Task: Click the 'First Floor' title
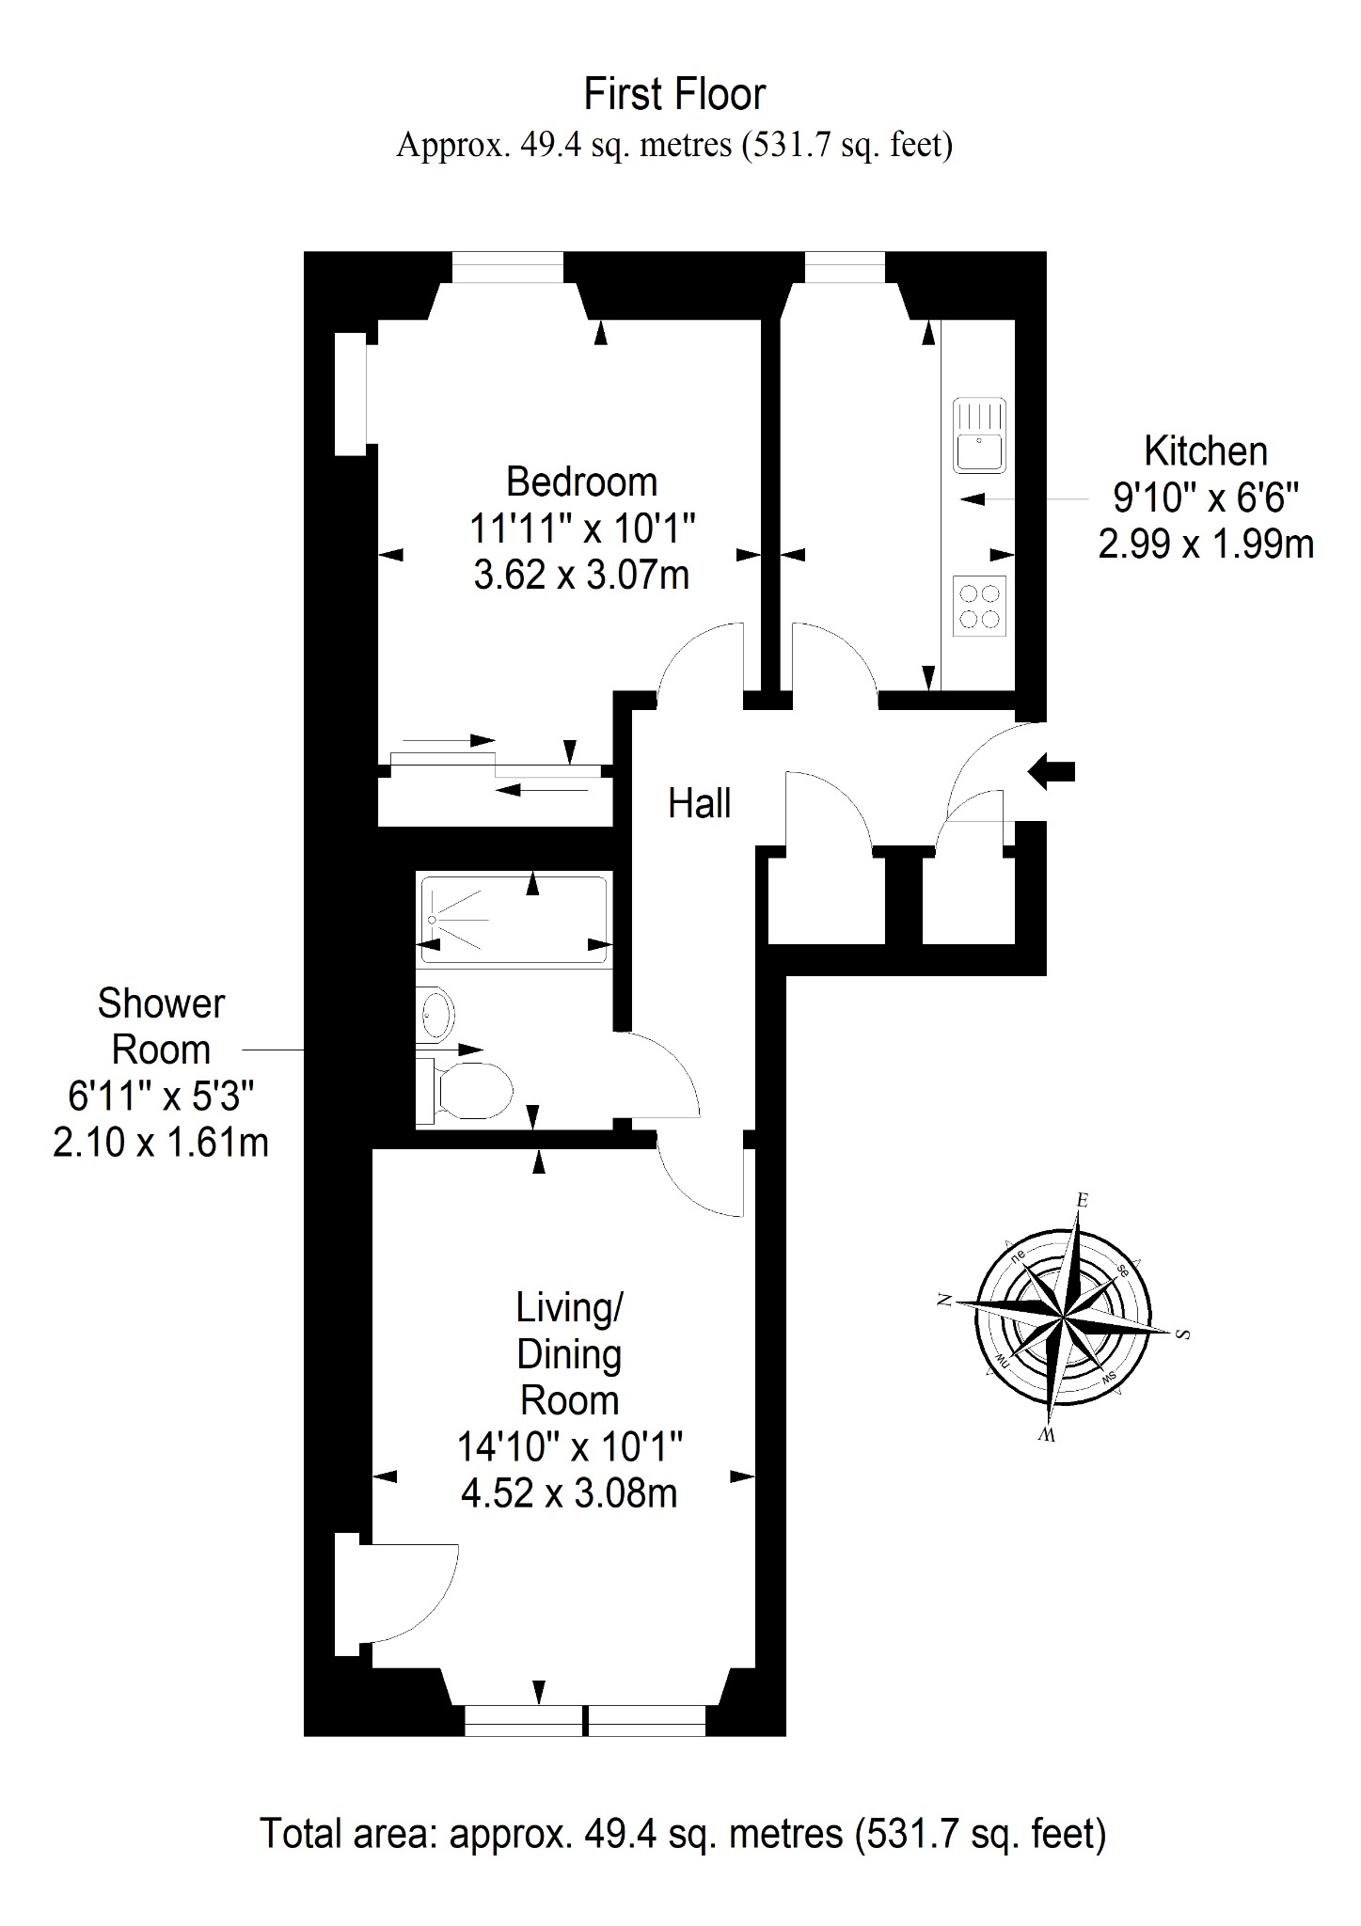[x=674, y=94]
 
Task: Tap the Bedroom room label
[x=581, y=481]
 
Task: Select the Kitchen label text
[x=1206, y=451]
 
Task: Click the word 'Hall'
[x=699, y=804]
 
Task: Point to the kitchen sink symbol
[x=979, y=435]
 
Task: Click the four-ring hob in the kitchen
[x=979, y=606]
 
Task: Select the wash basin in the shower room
[x=435, y=1014]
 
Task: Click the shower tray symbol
[x=514, y=921]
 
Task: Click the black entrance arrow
[x=1051, y=772]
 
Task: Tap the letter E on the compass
[x=1083, y=1200]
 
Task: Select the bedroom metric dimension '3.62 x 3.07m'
[x=581, y=575]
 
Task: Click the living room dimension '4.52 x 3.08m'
[x=569, y=1493]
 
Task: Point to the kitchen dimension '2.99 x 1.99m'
[x=1206, y=545]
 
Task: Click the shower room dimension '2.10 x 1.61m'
[x=161, y=1143]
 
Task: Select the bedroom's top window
[x=508, y=267]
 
